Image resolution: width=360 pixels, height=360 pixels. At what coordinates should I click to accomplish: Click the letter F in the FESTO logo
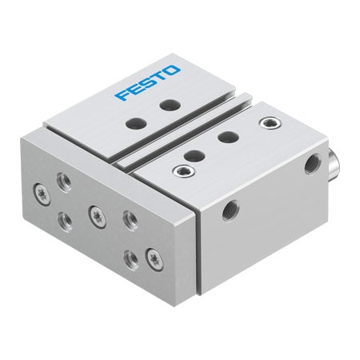click(122, 95)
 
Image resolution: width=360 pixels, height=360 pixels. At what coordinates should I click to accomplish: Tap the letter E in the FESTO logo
click(134, 89)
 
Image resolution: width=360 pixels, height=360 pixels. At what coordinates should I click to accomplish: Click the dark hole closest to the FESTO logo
click(170, 105)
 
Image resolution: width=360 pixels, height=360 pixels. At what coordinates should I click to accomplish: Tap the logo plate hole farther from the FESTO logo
click(137, 123)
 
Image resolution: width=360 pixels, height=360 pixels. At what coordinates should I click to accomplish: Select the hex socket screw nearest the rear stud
click(270, 123)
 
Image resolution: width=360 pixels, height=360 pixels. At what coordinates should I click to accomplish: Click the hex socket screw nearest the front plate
click(184, 170)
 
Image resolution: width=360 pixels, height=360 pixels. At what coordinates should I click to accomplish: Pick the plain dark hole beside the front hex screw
click(194, 155)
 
